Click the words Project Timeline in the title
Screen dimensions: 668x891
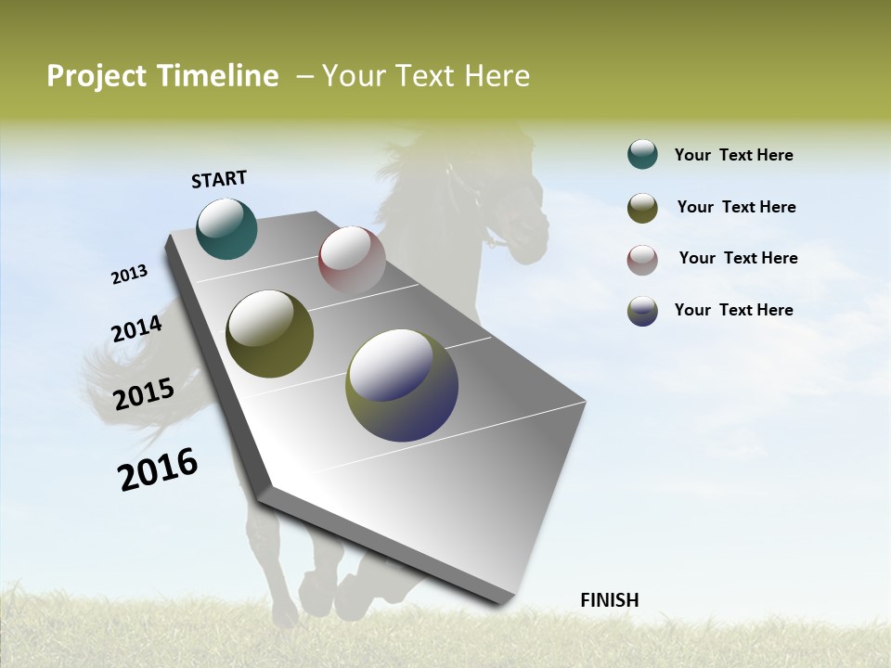162,76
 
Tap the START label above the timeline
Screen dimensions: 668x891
219,179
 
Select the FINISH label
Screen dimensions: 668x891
609,600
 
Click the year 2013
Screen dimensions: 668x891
130,275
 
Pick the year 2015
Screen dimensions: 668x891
144,394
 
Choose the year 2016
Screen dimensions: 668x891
158,469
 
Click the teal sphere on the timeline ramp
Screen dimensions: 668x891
226,228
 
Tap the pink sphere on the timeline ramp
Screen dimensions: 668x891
352,260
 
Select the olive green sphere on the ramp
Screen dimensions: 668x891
269,334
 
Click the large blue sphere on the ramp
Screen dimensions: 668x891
402,385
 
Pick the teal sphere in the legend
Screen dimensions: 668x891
642,154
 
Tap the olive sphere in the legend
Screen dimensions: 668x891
642,208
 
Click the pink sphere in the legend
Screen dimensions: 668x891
642,260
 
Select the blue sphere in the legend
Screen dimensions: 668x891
642,311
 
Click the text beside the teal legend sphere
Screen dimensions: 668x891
733,155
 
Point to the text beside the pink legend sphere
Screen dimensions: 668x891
738,258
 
